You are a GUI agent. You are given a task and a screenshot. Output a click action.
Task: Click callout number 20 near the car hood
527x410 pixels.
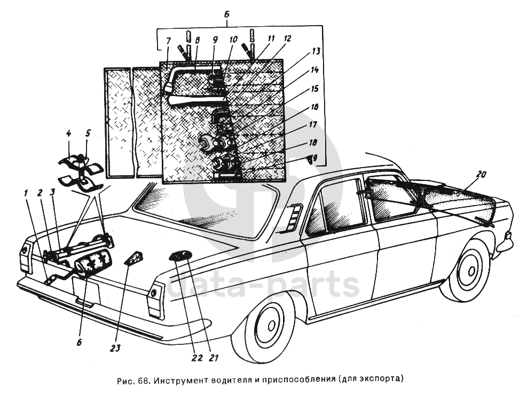[x=482, y=174]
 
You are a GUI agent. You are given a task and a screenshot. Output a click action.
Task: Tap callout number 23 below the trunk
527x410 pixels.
[x=115, y=348]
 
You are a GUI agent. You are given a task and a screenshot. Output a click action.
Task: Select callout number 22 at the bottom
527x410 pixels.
[x=198, y=358]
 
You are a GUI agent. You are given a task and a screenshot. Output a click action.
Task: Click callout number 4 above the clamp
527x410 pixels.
[x=68, y=133]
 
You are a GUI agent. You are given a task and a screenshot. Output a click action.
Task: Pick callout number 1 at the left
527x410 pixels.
[x=25, y=192]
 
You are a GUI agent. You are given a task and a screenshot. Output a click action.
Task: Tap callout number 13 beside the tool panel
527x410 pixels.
[x=316, y=51]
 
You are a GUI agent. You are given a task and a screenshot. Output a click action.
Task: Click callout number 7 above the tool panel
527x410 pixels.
[x=168, y=40]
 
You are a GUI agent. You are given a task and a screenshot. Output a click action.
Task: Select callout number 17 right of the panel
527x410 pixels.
[x=312, y=124]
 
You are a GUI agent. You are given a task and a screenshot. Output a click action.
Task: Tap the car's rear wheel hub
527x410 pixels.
[x=270, y=326]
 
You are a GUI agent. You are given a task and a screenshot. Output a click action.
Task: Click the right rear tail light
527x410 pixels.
[x=155, y=295]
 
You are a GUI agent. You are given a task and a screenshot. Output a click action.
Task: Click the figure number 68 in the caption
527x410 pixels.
[x=143, y=381]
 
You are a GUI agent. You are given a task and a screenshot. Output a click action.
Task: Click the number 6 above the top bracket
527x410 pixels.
[x=227, y=15]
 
